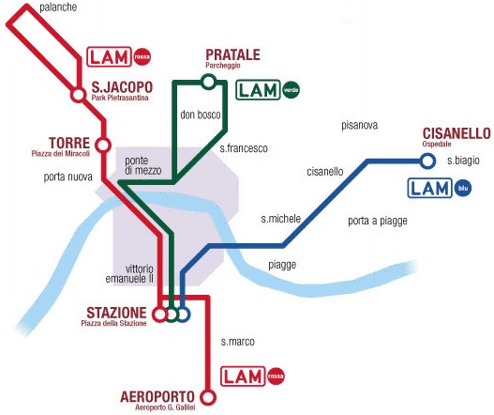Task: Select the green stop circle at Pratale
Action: click(208, 82)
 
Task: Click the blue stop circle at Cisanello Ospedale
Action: click(427, 161)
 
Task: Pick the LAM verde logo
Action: click(268, 90)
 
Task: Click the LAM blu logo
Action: click(440, 188)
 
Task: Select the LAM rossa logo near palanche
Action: click(119, 55)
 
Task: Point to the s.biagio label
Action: click(463, 161)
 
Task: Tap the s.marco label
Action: click(237, 342)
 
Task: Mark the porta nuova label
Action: click(67, 176)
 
